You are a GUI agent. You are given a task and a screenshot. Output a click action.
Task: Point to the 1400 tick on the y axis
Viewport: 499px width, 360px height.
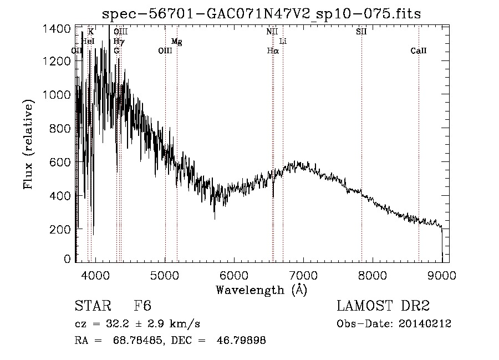tap(57, 29)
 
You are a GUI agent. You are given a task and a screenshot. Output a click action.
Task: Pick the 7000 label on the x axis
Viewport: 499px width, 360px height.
tap(303, 275)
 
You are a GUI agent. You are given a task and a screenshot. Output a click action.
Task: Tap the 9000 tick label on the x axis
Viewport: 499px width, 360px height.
tap(442, 275)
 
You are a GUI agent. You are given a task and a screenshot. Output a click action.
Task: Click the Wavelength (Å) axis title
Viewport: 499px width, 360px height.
tap(261, 290)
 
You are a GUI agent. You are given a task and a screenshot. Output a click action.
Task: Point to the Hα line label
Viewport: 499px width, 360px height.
tap(272, 51)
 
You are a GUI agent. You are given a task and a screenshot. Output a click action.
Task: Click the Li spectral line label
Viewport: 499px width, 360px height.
tap(283, 42)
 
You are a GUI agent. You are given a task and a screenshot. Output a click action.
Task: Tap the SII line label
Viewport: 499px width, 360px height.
tap(361, 32)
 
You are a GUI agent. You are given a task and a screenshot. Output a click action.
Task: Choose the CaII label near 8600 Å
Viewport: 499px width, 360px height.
tap(419, 51)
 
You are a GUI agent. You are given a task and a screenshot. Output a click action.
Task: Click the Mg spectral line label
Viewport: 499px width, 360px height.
tap(176, 42)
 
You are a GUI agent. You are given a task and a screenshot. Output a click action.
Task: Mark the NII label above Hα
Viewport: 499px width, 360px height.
tap(272, 32)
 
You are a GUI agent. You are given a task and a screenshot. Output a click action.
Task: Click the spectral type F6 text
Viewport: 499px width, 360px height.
tap(142, 307)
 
